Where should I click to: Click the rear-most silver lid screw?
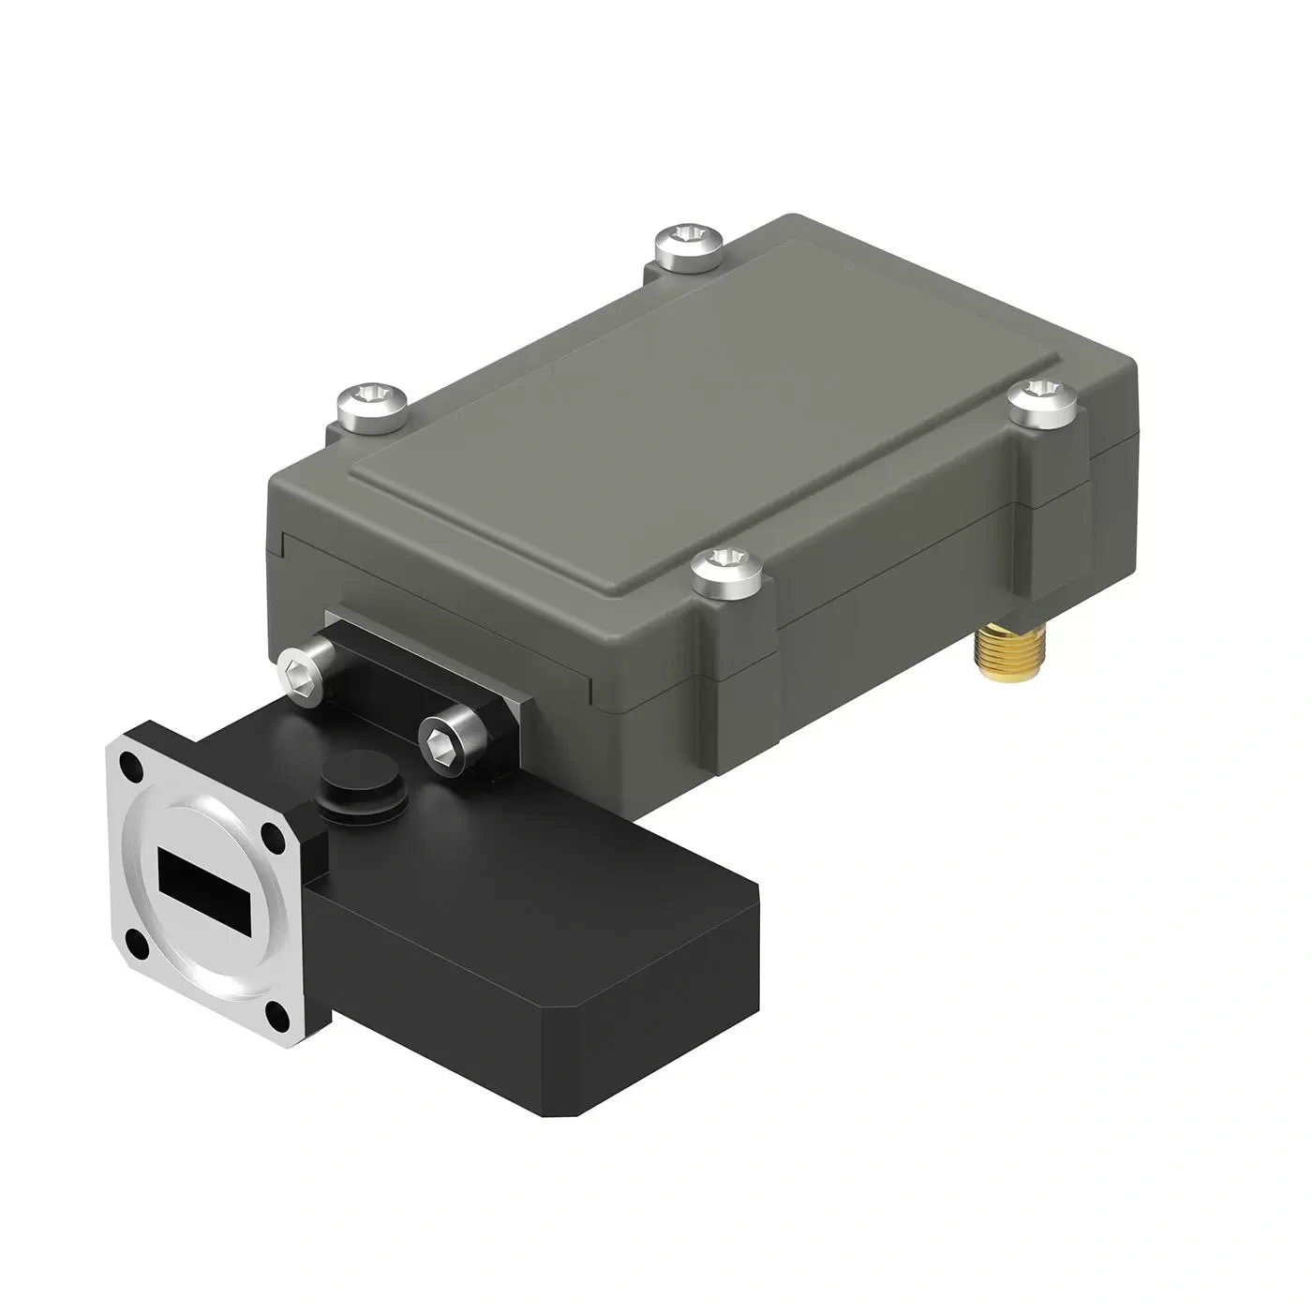(689, 244)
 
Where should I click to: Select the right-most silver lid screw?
(1043, 400)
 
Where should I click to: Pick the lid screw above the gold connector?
(725, 573)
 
